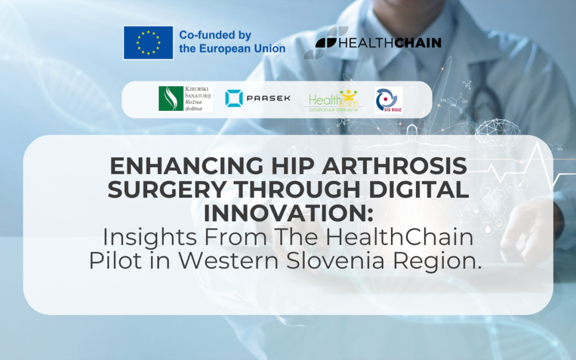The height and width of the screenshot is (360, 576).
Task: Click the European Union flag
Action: click(148, 42)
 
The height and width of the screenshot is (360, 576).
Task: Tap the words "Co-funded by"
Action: click(215, 36)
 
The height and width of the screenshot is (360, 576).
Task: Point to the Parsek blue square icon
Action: click(234, 98)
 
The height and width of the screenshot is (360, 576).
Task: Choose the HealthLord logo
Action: click(334, 100)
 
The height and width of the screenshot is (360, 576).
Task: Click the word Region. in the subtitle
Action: click(445, 262)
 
